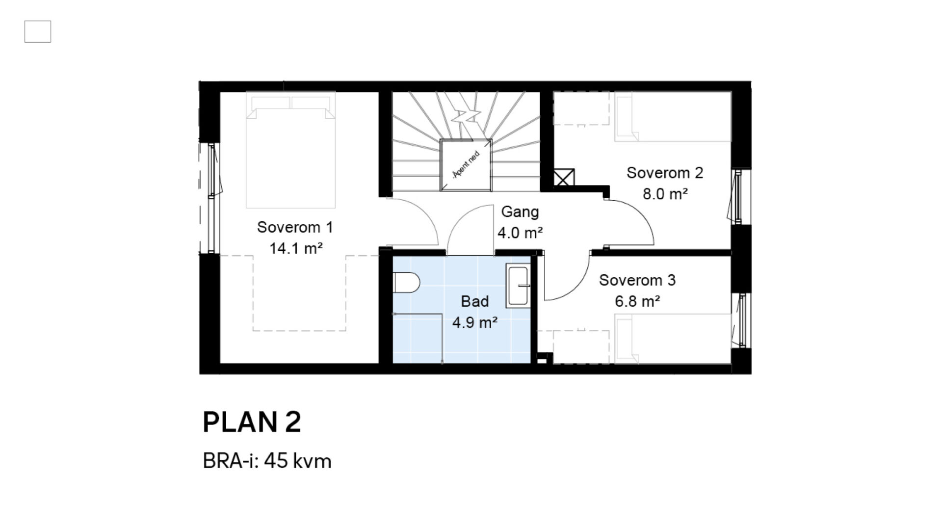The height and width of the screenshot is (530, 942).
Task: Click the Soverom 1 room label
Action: pos(295,227)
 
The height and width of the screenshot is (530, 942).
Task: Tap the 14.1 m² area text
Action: pos(296,248)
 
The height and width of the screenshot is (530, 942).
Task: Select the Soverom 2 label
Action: pos(665,173)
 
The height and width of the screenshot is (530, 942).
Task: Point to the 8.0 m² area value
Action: pos(665,194)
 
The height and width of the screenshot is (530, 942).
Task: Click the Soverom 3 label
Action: pos(637,280)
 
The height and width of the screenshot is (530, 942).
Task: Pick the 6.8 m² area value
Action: pos(637,301)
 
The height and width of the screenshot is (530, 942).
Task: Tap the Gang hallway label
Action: pos(520,212)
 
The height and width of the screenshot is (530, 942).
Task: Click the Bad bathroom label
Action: pos(474,301)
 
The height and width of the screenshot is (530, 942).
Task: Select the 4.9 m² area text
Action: pos(474,322)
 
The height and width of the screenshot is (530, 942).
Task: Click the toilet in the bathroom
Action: pos(407,283)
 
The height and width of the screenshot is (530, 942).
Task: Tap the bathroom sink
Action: pos(518,287)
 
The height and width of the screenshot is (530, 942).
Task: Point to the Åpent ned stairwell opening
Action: pos(466,165)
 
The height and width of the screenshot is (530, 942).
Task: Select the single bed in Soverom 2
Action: pos(673,117)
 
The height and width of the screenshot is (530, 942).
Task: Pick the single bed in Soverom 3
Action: pos(673,339)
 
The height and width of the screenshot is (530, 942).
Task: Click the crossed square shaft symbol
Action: pos(564,178)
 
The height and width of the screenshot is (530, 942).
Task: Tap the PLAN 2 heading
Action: pos(252,422)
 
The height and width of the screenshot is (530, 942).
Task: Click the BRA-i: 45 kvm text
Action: pos(267,461)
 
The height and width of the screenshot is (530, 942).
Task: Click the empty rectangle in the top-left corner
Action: pos(38,31)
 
